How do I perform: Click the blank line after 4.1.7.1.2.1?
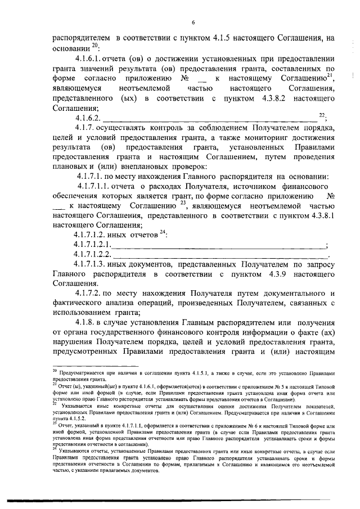219,245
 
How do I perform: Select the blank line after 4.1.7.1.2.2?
220,255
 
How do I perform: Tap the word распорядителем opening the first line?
82,38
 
